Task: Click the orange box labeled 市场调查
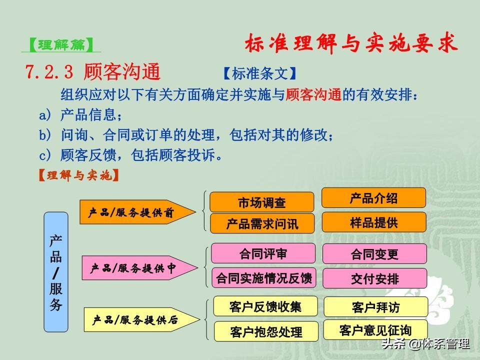(261, 202)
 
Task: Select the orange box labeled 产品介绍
(373, 198)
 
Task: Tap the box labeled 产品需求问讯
(262, 223)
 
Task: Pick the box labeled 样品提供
(374, 222)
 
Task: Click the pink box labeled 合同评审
(263, 253)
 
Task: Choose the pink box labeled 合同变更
(374, 254)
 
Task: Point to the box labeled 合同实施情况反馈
(264, 278)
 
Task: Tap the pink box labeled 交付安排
(375, 278)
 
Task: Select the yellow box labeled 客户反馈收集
(265, 306)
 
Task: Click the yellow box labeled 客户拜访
(376, 306)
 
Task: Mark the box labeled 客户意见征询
(375, 330)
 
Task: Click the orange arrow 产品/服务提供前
(137, 212)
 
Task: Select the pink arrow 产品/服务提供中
(139, 268)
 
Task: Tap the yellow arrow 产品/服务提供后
(141, 320)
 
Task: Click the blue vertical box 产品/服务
(56, 272)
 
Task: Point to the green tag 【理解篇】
(61, 45)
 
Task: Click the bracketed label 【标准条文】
(260, 73)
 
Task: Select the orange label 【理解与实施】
(78, 175)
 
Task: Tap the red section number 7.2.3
(49, 71)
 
